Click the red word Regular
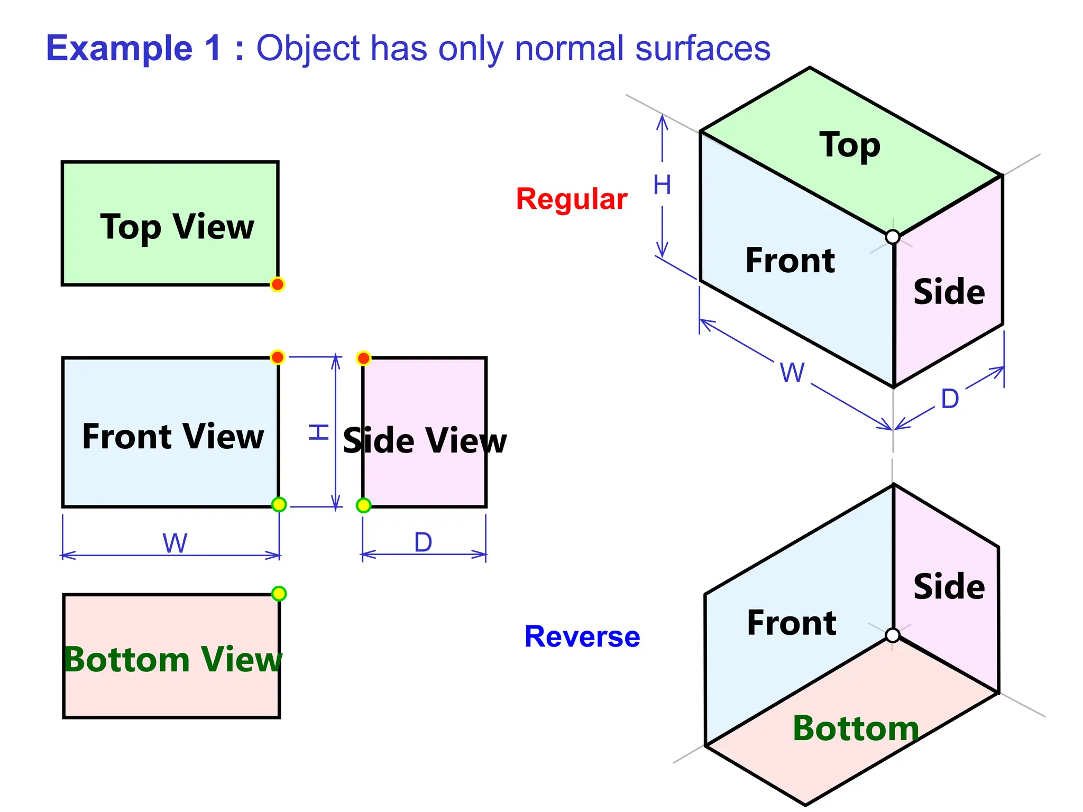[x=571, y=199]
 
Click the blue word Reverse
[x=582, y=636]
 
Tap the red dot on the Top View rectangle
[x=277, y=284]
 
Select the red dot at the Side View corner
[x=363, y=358]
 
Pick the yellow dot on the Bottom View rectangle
[x=279, y=594]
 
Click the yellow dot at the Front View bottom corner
[x=279, y=504]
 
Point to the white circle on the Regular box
[x=893, y=237]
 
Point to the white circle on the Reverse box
[x=893, y=635]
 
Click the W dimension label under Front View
[x=175, y=543]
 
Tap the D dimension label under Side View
[x=423, y=542]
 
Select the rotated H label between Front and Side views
[x=319, y=432]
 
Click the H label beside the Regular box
[x=662, y=185]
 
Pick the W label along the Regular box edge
[x=792, y=373]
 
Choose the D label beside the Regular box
[x=950, y=399]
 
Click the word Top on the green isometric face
[x=850, y=145]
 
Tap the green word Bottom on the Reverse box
[x=856, y=728]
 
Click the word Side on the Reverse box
[x=949, y=587]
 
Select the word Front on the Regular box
[x=790, y=261]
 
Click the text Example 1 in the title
[x=133, y=49]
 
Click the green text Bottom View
[x=172, y=660]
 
